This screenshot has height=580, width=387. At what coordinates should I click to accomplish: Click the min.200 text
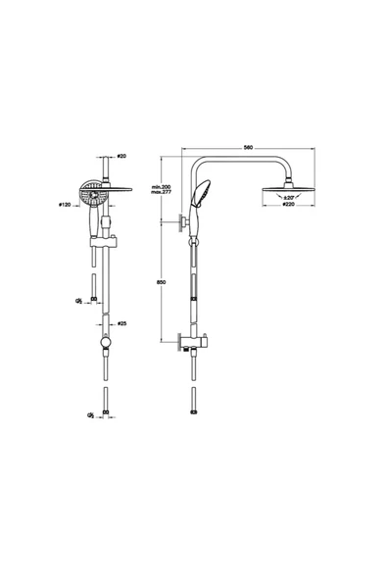click(161, 185)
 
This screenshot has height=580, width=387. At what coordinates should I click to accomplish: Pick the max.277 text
click(161, 192)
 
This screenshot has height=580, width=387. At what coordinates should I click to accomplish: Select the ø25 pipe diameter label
click(122, 321)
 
